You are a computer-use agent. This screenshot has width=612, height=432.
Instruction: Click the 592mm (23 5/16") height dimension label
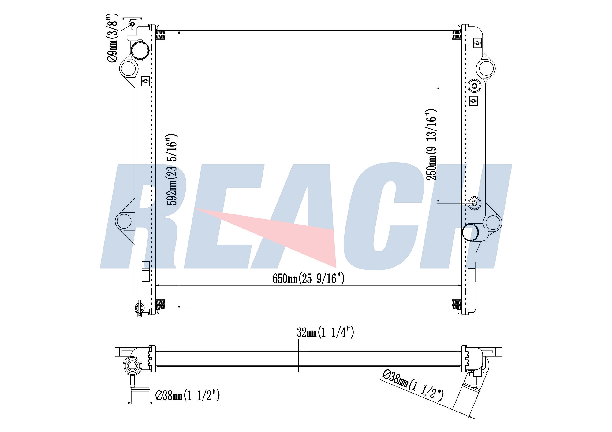172,169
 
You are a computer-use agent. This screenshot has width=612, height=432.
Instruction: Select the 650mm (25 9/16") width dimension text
308,278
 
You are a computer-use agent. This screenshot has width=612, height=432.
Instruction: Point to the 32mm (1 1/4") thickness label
325,332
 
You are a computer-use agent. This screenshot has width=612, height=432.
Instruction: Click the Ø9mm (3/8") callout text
112,38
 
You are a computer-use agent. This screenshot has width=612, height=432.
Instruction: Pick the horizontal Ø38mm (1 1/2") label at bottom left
188,396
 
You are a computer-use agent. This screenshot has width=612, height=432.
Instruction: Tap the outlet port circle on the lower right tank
470,232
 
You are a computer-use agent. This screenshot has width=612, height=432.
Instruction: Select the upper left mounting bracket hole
128,68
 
